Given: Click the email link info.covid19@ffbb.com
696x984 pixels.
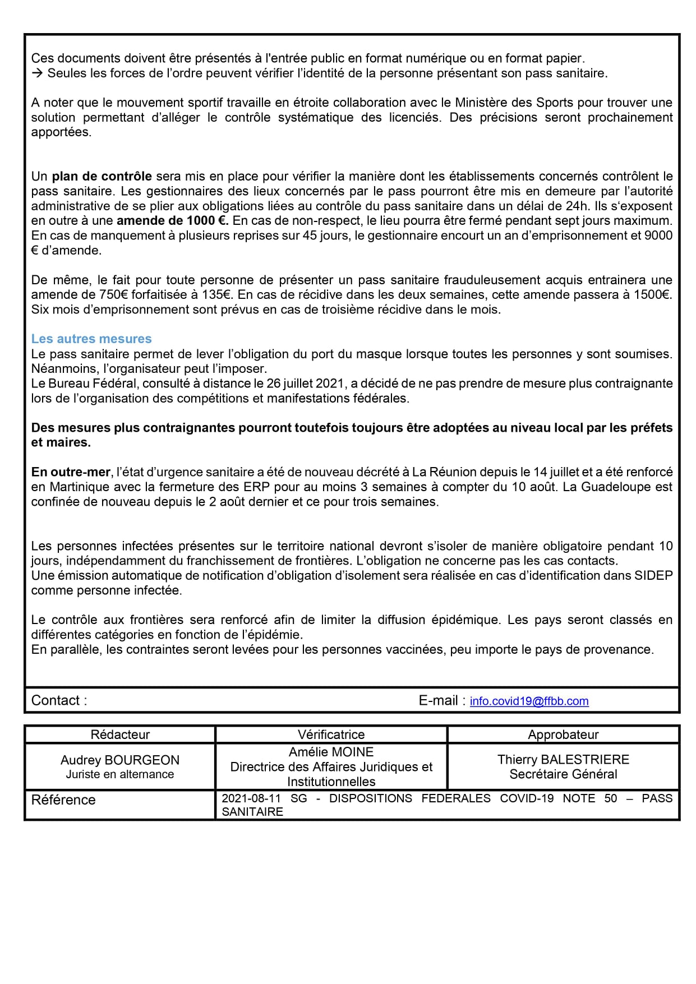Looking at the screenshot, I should pos(529,701).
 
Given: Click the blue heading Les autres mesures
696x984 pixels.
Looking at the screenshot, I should pos(91,339).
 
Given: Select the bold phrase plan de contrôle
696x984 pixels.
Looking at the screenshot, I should pos(102,176).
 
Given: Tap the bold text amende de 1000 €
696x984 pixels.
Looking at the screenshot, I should pos(172,220).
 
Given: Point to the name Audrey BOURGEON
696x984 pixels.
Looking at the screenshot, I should pos(120,760).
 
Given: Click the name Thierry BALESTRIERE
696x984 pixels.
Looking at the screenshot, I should pos(563,759).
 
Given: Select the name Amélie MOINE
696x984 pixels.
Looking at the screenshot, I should pos(331,752).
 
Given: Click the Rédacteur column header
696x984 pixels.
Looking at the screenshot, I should pos(120,734).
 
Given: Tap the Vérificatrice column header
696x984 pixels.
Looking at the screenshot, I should pos(331,734).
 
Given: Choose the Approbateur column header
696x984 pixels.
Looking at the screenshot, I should pos(563,734).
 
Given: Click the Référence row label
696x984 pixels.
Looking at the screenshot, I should pos(63,800).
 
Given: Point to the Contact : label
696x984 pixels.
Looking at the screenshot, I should pos(59,700).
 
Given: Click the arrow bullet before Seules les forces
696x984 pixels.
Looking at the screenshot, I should pos(37,73).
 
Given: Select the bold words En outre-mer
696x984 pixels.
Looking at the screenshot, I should pos(71,472).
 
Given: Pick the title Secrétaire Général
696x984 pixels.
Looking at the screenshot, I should pos(563,774).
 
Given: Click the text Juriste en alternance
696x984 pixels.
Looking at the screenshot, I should pos(120,774).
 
